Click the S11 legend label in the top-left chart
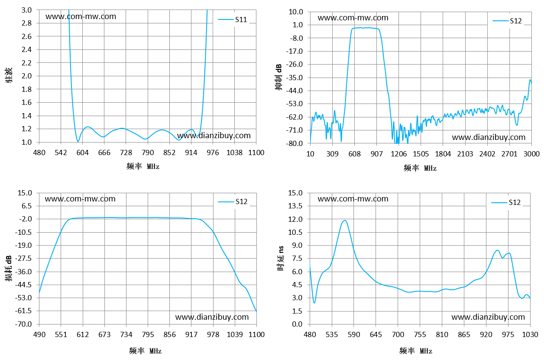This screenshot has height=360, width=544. (241, 19)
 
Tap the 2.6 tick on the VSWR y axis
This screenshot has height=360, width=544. (26, 36)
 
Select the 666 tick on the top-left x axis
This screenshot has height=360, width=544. (104, 152)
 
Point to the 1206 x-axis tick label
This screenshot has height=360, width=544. (398, 154)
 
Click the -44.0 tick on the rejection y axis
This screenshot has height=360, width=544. (295, 91)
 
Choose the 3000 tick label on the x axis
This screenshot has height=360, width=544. (531, 154)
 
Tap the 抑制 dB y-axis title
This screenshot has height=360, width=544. (279, 77)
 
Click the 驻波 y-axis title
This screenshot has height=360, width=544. (9, 75)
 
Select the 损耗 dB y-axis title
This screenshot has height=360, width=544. (9, 269)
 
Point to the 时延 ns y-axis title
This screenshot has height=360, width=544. (281, 258)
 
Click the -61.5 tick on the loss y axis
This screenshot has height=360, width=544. (23, 311)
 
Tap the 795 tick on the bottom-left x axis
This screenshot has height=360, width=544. (148, 334)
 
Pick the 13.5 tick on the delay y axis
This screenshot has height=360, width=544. (295, 206)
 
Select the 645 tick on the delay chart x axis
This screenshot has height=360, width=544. (376, 334)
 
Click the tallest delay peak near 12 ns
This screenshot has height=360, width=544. (345, 221)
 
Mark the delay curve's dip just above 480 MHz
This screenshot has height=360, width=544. (314, 303)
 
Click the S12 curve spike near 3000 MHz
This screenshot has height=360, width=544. (530, 80)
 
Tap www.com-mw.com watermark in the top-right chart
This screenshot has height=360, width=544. (353, 18)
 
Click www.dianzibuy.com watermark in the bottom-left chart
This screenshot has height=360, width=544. (212, 317)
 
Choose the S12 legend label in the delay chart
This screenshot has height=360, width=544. (515, 202)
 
